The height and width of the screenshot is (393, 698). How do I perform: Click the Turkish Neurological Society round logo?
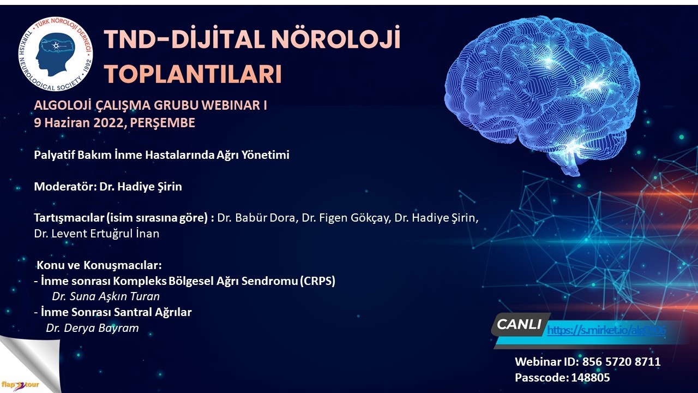click(55, 55)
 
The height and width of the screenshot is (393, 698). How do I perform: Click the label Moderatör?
click(65, 187)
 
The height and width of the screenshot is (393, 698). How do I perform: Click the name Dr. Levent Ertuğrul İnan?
click(97, 234)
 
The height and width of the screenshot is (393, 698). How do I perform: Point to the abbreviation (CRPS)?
click(318, 282)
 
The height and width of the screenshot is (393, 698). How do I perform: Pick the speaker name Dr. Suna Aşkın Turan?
click(106, 297)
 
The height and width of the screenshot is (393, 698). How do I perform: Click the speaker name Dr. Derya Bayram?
click(92, 328)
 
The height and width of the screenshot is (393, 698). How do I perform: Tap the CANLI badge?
click(519, 325)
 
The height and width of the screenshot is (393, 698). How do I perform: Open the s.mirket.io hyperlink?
click(605, 330)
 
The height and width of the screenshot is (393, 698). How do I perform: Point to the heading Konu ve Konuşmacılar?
click(99, 266)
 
